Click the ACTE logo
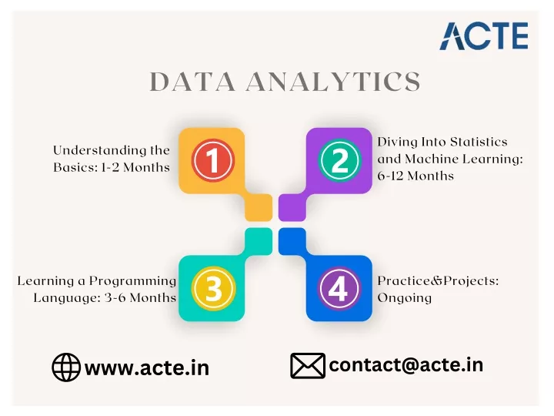[484, 35]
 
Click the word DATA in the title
[192, 82]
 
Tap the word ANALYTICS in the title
[333, 82]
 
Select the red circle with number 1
[212, 160]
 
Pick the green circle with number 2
[339, 160]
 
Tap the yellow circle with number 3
[213, 289]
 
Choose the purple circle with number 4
[339, 289]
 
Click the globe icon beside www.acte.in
[66, 367]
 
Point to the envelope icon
[308, 366]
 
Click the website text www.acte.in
[147, 368]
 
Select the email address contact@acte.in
[406, 365]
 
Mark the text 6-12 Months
[415, 176]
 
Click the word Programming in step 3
[132, 282]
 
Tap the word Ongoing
[405, 298]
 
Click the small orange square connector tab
[259, 208]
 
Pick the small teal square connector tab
[259, 241]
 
